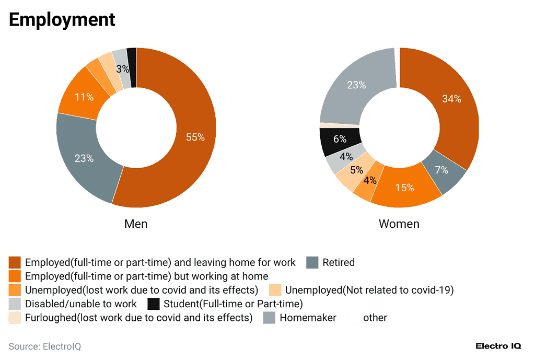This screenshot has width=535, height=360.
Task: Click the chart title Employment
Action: click(62, 20)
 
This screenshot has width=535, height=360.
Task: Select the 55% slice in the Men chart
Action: click(194, 137)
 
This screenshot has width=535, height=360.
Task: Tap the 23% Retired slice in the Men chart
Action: click(84, 158)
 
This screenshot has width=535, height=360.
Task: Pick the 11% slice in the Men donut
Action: click(83, 97)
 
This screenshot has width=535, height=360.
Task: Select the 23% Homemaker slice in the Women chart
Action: click(356, 85)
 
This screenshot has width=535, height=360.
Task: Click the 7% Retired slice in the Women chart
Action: click(443, 170)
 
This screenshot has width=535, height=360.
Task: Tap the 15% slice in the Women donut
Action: click(405, 187)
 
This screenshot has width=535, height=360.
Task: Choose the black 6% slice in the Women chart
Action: click(340, 140)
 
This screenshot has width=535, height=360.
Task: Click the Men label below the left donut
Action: click(136, 224)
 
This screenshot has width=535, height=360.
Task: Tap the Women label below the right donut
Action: click(399, 224)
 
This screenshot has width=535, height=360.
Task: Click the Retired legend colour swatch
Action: click(312, 262)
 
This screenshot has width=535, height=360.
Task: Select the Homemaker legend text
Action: click(308, 318)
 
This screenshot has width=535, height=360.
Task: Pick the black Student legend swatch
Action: click(154, 304)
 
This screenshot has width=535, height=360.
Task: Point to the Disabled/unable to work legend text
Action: click(80, 304)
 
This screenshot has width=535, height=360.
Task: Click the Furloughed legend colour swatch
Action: click(15, 318)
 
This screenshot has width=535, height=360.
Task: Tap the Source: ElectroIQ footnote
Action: click(45, 346)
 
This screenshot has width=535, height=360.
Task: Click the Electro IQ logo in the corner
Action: click(498, 346)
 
